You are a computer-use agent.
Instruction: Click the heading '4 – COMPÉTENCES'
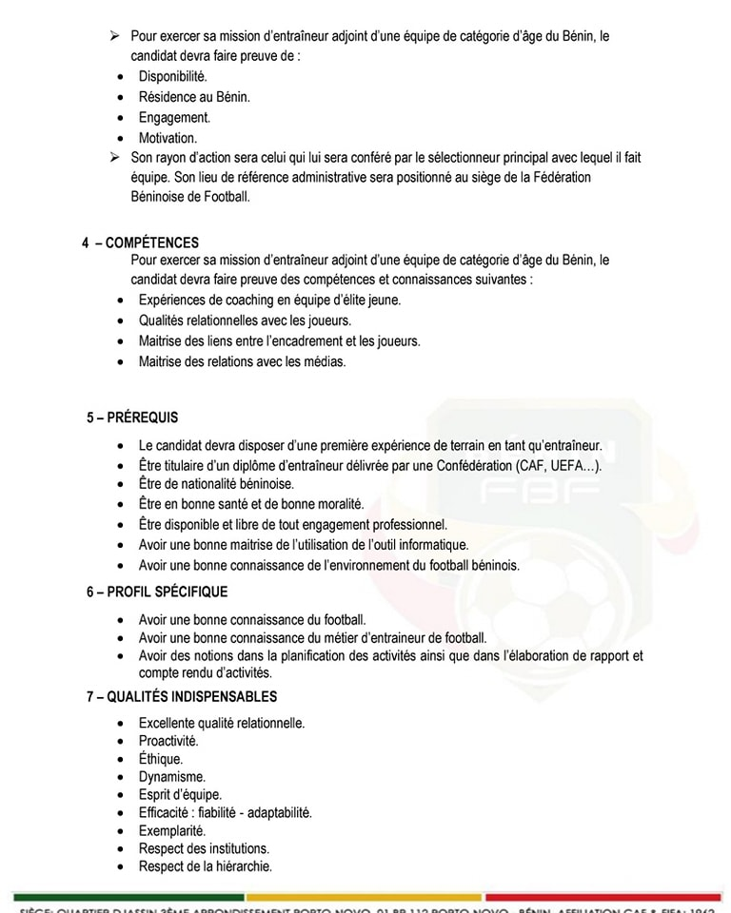[140, 243]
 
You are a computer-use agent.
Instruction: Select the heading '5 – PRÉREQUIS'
[132, 417]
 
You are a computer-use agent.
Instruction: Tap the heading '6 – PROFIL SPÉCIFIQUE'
[157, 592]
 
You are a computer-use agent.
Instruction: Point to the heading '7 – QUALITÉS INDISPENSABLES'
[181, 696]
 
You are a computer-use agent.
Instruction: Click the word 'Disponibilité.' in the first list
[172, 76]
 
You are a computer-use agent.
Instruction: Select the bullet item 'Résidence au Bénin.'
[194, 97]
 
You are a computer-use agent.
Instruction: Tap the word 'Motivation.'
[168, 138]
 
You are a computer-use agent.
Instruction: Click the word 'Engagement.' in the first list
[174, 117]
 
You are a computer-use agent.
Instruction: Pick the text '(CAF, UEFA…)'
[560, 465]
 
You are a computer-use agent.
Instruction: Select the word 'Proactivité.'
[168, 741]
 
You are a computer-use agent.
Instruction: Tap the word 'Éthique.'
[161, 759]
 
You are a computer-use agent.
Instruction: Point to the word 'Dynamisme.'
[171, 777]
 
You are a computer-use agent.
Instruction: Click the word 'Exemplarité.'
[172, 830]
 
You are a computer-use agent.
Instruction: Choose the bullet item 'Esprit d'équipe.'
[180, 794]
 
